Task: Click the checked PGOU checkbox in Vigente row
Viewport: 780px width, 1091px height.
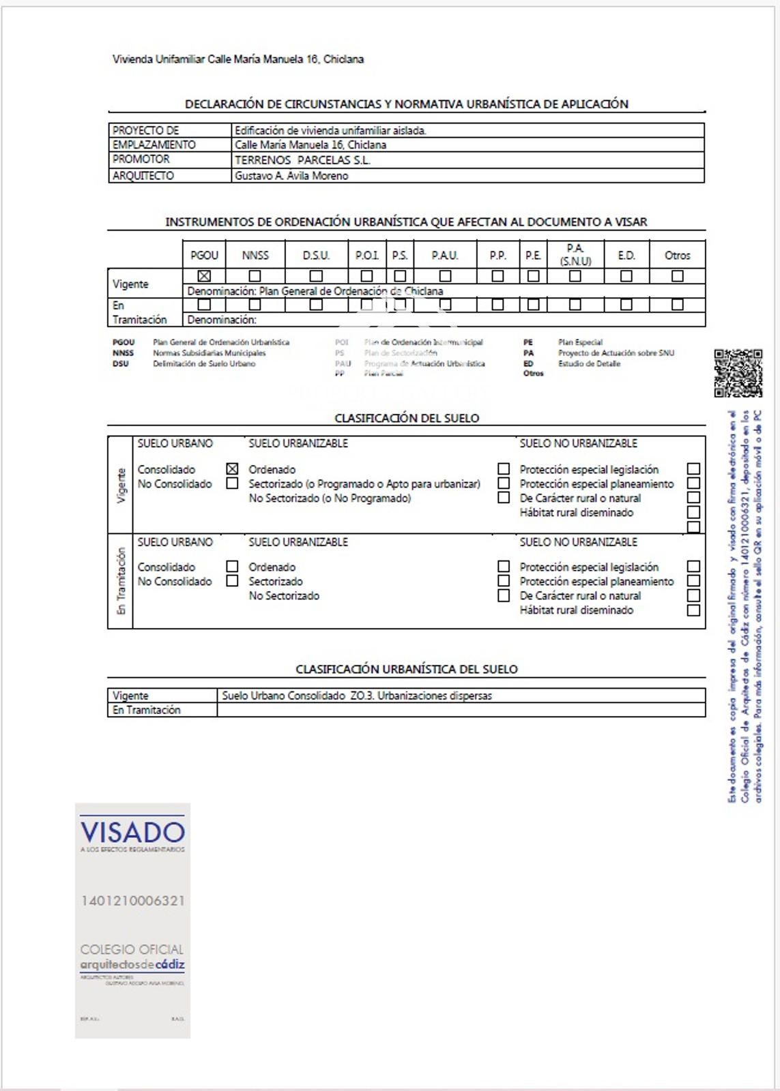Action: point(204,276)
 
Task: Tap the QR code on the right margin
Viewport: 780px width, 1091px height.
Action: point(738,373)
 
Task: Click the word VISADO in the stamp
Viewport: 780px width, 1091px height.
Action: point(132,833)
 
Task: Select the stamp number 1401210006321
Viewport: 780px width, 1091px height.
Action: point(132,901)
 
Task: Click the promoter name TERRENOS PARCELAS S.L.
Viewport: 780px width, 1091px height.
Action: point(302,160)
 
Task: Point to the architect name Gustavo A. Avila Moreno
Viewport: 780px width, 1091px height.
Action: point(291,176)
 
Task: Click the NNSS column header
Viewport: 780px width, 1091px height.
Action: point(255,256)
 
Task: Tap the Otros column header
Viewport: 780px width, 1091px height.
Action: point(677,256)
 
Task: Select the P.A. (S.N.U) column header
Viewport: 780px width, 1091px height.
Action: point(575,254)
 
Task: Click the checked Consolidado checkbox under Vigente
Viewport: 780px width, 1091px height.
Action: point(233,469)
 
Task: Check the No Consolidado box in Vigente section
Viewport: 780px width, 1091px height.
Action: point(233,483)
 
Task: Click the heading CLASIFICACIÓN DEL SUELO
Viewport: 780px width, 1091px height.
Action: point(407,418)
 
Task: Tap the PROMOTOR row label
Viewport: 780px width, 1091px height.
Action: point(141,160)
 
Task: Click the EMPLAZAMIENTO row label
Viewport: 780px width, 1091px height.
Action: point(154,145)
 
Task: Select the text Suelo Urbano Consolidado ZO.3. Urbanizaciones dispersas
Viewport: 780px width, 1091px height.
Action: point(357,696)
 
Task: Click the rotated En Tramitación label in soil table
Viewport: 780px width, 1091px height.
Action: point(121,581)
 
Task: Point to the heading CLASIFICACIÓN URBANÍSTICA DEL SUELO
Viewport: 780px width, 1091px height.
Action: point(407,670)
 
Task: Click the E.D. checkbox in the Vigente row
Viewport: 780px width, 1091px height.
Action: point(626,276)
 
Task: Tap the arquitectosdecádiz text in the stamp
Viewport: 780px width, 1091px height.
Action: point(132,965)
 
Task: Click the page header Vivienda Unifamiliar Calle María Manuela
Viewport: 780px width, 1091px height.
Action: point(238,59)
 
